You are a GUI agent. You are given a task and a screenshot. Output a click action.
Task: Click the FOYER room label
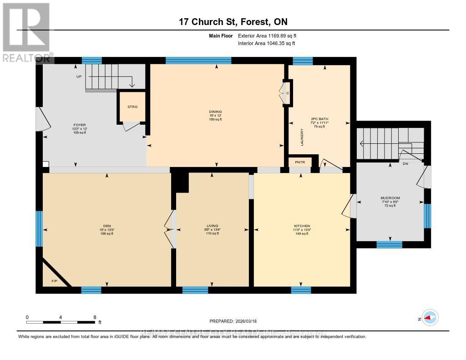80,125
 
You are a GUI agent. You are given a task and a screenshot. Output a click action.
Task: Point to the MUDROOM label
390,198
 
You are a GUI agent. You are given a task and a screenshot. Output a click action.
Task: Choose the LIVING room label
212,226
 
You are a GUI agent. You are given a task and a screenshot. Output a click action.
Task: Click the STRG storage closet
132,107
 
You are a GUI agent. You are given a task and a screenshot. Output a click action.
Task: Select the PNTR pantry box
300,162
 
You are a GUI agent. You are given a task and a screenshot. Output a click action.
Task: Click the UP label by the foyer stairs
79,76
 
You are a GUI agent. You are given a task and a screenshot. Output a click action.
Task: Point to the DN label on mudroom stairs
405,164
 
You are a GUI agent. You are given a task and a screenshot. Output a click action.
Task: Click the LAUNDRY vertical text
302,137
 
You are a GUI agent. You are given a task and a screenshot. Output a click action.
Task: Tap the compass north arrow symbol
430,318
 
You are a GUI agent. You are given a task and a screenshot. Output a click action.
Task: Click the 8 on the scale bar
95,317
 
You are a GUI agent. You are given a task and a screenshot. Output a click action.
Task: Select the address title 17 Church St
233,22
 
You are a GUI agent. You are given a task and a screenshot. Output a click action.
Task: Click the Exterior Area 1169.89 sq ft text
267,35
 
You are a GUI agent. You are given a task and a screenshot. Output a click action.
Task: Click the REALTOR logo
26,32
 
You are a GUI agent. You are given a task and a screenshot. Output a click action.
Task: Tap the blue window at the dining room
198,61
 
